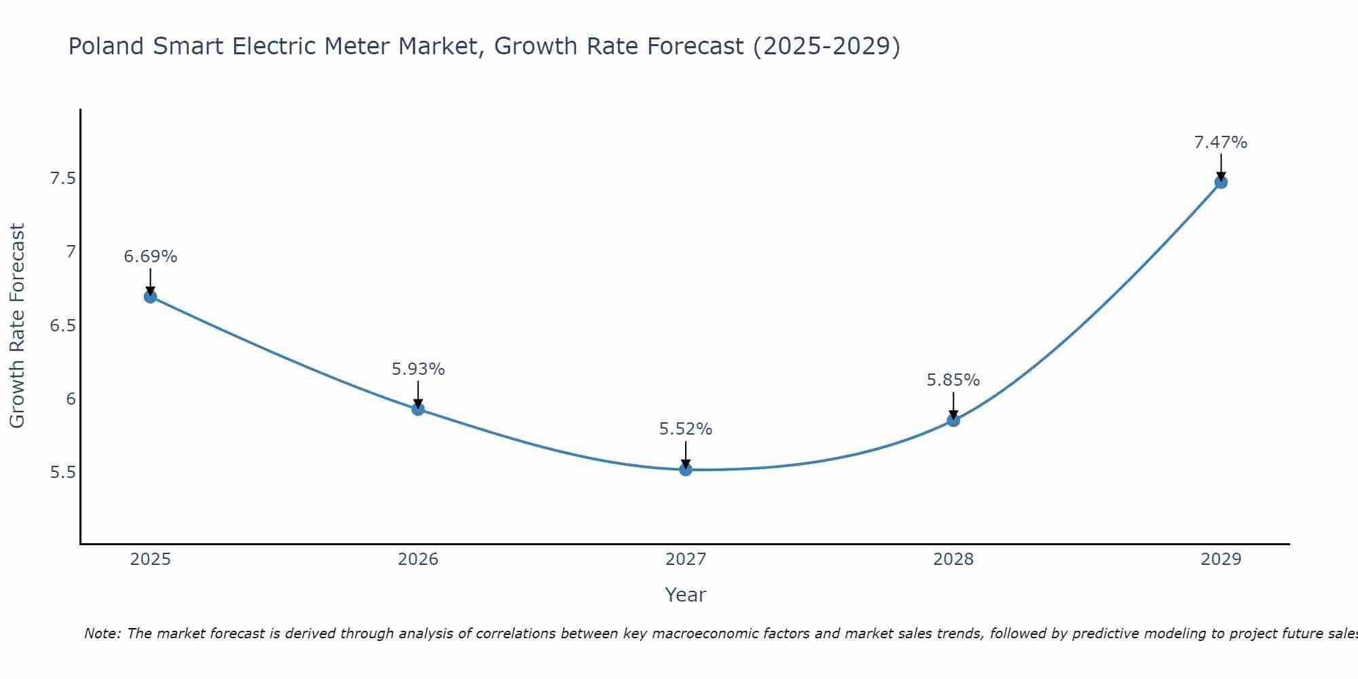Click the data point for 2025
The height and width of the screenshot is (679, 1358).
click(x=151, y=297)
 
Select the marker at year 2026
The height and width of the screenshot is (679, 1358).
click(x=418, y=409)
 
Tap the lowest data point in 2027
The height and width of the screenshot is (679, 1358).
click(x=686, y=469)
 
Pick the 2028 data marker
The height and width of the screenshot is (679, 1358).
click(x=953, y=420)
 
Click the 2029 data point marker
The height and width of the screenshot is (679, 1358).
click(x=1221, y=182)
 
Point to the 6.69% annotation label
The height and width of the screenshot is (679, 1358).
click(x=151, y=257)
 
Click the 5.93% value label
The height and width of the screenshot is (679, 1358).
click(x=418, y=369)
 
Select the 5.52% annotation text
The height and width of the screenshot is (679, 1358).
click(x=686, y=429)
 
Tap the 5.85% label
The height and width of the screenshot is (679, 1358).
click(x=953, y=380)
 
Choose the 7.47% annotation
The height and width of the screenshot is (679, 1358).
click(x=1221, y=143)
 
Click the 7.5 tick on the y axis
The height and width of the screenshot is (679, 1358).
click(x=63, y=179)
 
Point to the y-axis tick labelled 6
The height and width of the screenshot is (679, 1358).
click(x=71, y=399)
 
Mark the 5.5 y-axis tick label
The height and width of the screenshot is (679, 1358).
click(x=63, y=472)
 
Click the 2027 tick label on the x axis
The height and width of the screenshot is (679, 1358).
click(x=686, y=559)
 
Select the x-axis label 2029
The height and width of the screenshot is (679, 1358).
click(x=1221, y=559)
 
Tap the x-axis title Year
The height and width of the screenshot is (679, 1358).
click(x=686, y=595)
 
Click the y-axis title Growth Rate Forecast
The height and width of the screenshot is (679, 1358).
click(x=17, y=326)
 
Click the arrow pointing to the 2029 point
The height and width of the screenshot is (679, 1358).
click(x=1221, y=166)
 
